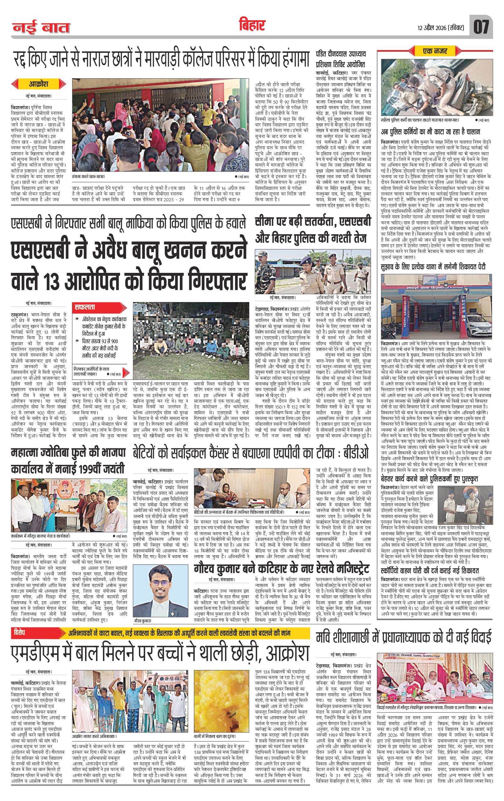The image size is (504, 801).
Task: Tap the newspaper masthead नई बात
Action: pyautogui.click(x=41, y=28)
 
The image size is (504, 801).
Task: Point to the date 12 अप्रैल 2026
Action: pyautogui.click(x=432, y=28)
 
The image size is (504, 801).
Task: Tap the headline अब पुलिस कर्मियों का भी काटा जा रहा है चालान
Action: pyautogui.click(x=433, y=132)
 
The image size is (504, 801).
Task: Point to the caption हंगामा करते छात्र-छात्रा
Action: pyautogui.click(x=88, y=177)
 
